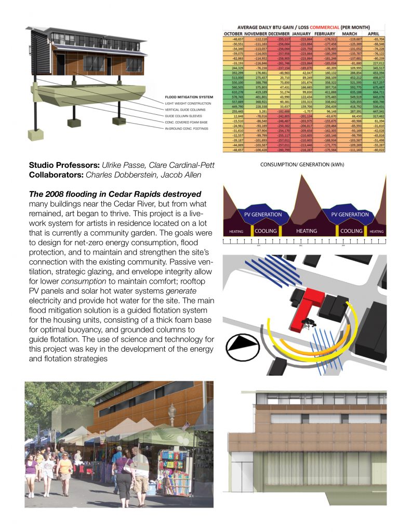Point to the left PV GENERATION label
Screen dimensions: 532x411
[x=263, y=214]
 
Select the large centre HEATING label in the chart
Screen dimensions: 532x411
[x=307, y=231]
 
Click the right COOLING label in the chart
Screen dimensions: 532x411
[x=351, y=231]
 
